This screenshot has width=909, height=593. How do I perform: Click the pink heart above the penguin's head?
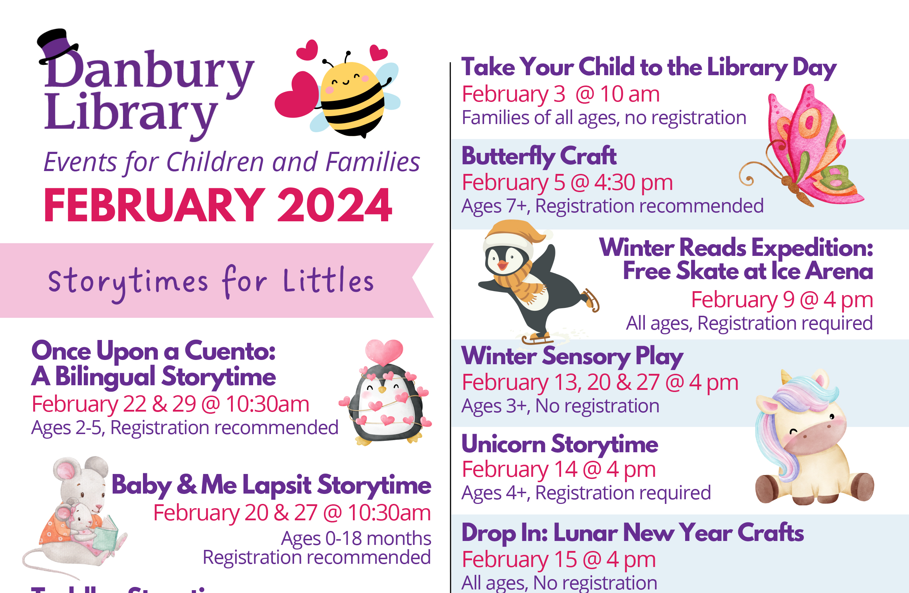pyautogui.click(x=384, y=351)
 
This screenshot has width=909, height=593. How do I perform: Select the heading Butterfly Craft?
pyautogui.click(x=539, y=156)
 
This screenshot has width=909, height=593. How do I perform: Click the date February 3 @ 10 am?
pyautogui.click(x=560, y=94)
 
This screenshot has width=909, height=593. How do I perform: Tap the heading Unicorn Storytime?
pyautogui.click(x=560, y=444)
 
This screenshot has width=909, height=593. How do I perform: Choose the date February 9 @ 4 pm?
pyautogui.click(x=782, y=300)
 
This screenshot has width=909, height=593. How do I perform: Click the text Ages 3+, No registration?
pyautogui.click(x=560, y=406)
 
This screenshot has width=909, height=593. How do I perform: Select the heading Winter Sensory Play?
pyautogui.click(x=572, y=356)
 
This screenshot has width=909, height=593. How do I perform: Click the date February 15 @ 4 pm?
pyautogui.click(x=558, y=560)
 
